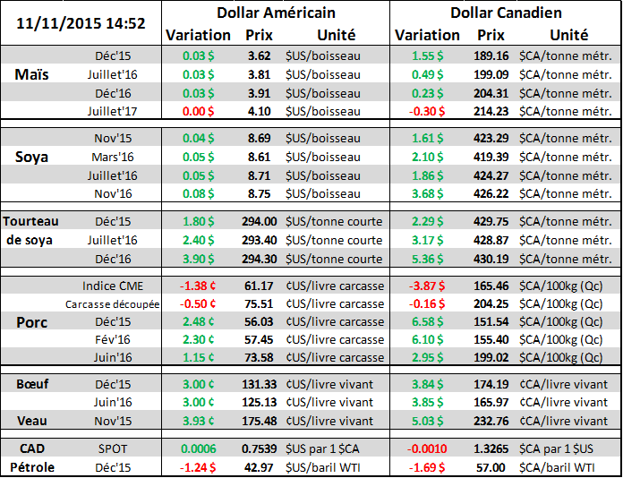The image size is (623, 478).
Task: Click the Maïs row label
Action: click(x=33, y=74)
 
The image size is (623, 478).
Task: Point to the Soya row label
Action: click(x=33, y=157)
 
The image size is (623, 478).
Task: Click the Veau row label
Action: click(x=33, y=421)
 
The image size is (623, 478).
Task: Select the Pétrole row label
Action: click(x=33, y=467)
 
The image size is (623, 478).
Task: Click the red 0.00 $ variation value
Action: click(x=198, y=111)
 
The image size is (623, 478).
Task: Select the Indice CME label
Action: click(x=112, y=286)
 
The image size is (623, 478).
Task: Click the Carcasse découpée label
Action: click(x=112, y=303)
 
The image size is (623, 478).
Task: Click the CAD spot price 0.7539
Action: click(x=259, y=449)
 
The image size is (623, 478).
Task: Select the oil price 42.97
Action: click(x=259, y=467)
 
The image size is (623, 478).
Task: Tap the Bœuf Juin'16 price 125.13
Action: click(x=259, y=402)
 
